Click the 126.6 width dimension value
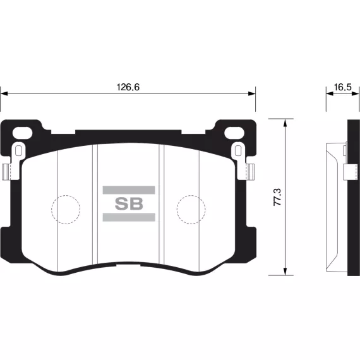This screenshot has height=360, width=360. point(128,87)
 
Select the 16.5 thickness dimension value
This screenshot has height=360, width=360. point(342,87)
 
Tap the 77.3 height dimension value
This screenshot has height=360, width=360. point(277,197)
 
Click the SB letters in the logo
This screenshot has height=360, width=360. point(129,203)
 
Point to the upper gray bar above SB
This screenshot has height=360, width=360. point(129,190)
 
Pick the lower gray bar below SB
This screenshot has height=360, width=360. point(129,217)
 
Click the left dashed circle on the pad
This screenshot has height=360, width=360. point(66,195)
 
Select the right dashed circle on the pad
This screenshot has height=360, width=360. point(191,195)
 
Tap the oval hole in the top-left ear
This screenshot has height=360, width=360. point(22,133)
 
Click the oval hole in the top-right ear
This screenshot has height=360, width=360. point(234,133)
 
